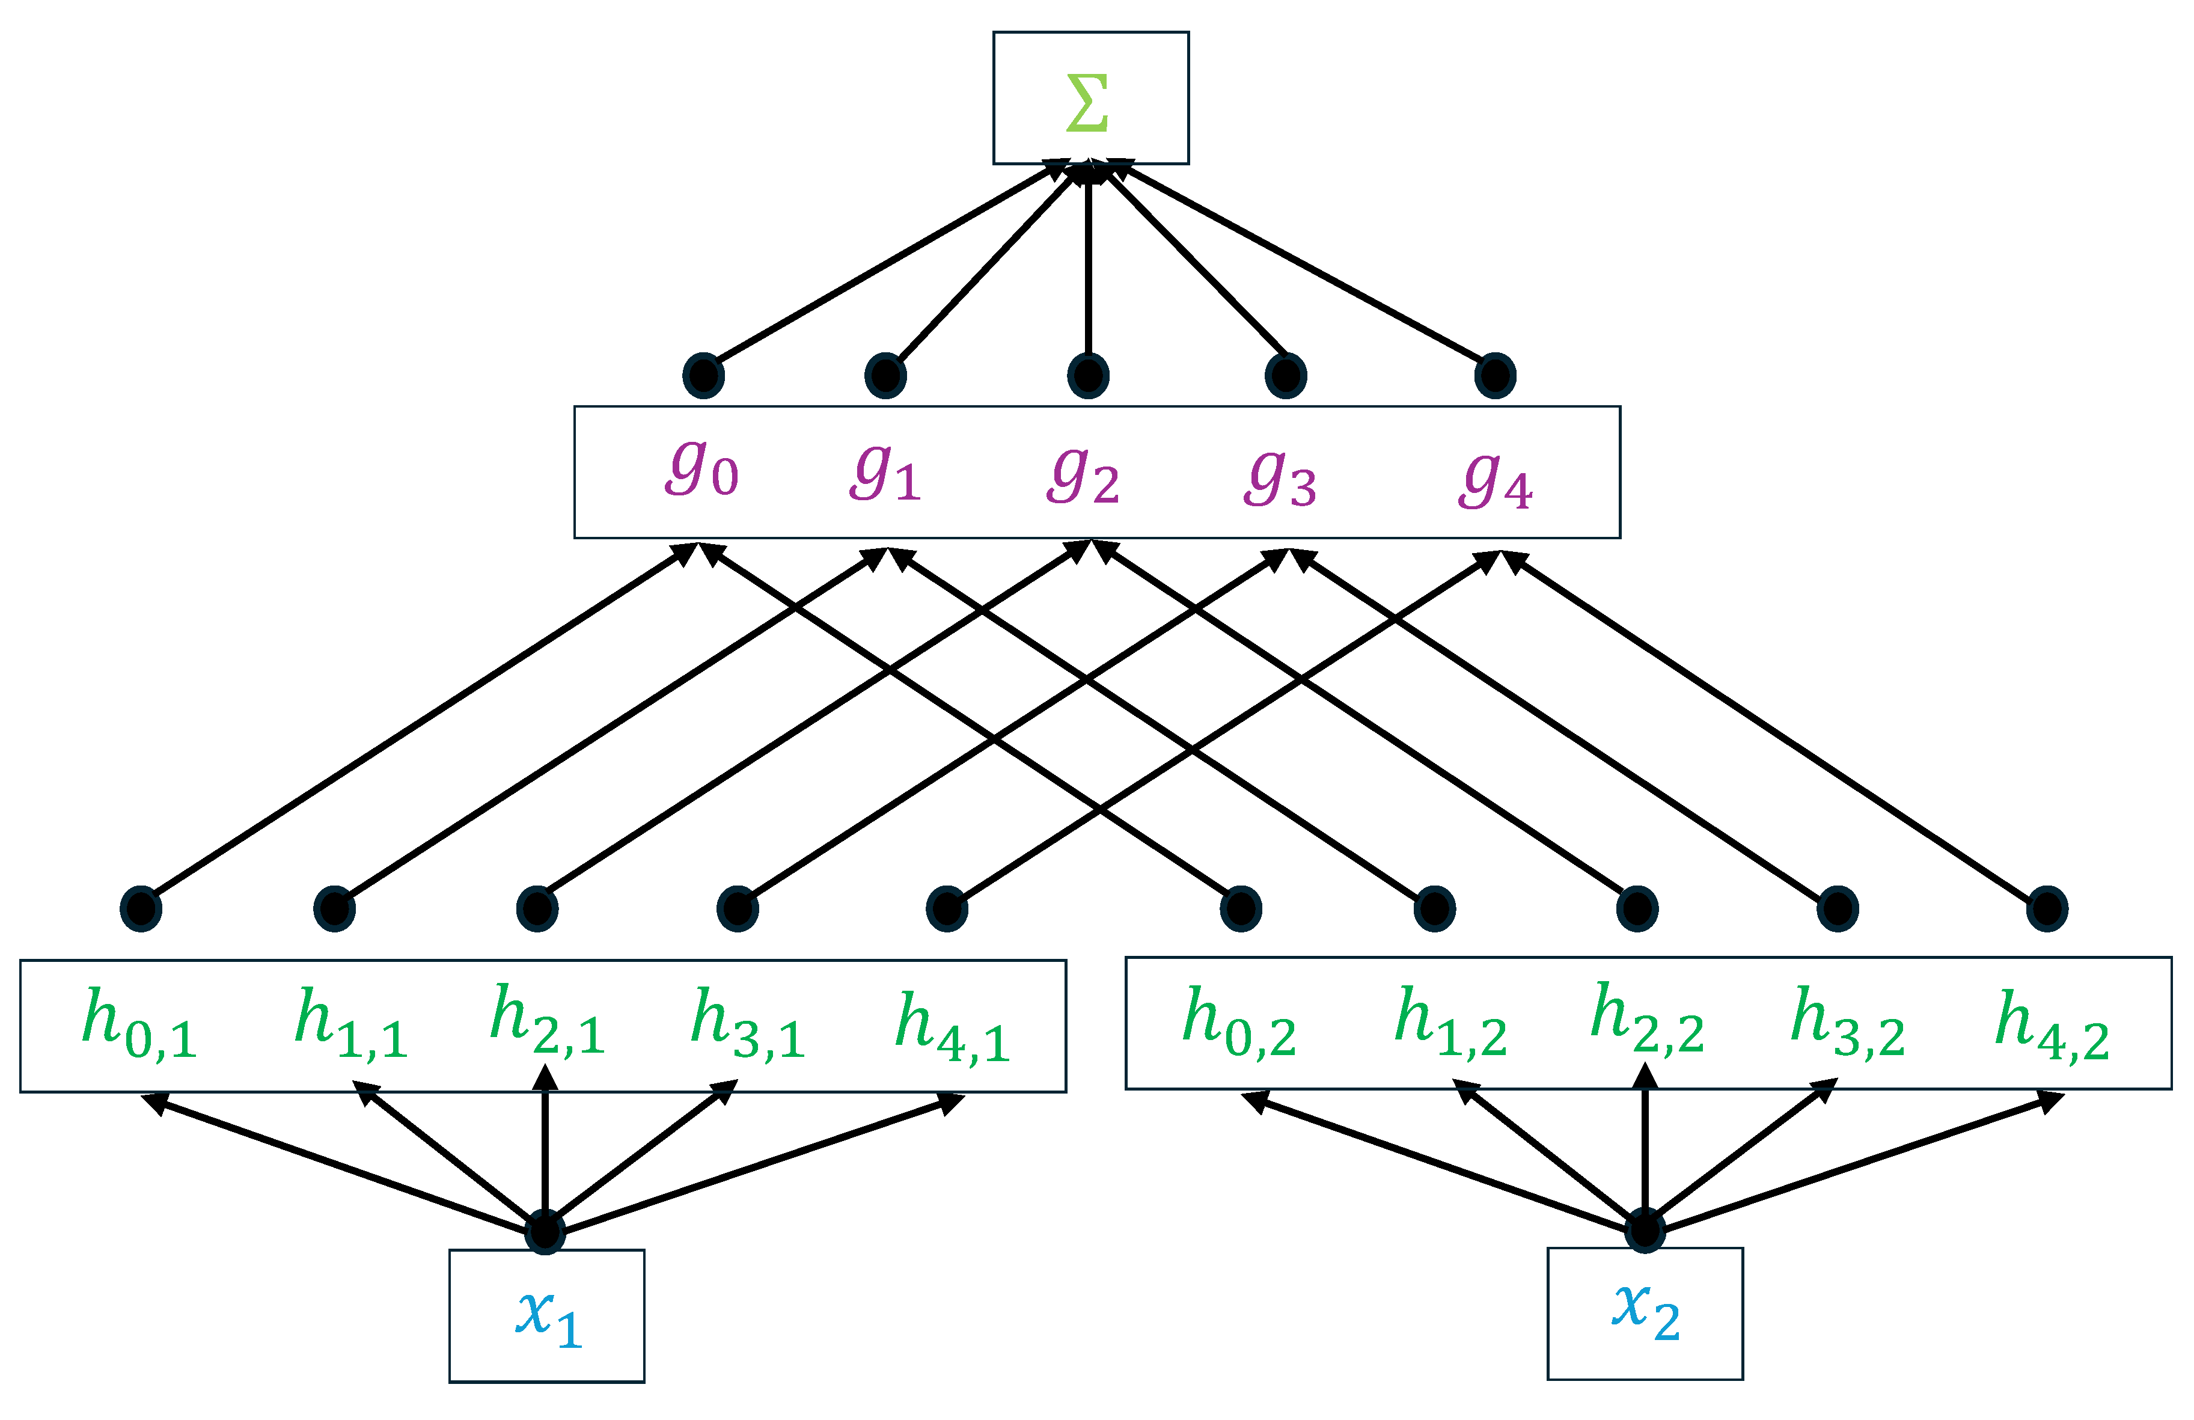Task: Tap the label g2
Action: tap(1083, 476)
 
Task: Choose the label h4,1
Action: tap(952, 1026)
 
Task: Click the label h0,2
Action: tap(1239, 1021)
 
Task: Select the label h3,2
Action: tap(1847, 1021)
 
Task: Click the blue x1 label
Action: tap(548, 1317)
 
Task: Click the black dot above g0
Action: tap(703, 375)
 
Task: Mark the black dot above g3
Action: tap(1285, 375)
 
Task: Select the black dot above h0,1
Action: tap(141, 909)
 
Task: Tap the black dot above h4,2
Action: tap(2047, 909)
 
